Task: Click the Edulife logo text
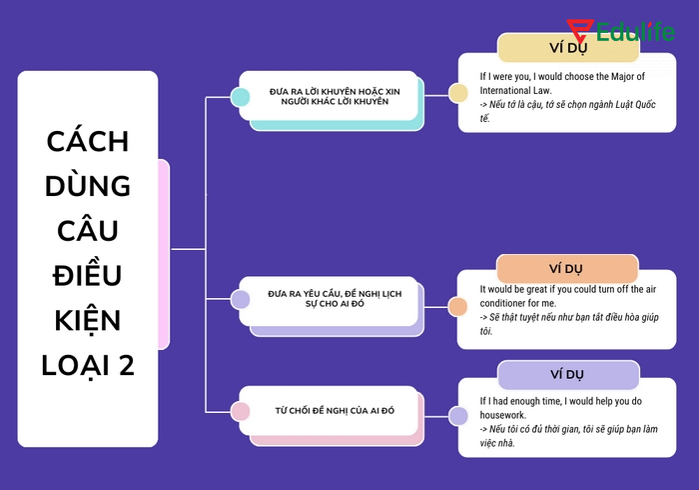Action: pyautogui.click(x=636, y=32)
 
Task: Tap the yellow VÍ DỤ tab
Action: pyautogui.click(x=568, y=47)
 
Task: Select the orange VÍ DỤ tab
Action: pyautogui.click(x=567, y=269)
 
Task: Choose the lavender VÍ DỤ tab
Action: pyautogui.click(x=568, y=374)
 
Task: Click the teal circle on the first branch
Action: pyautogui.click(x=241, y=97)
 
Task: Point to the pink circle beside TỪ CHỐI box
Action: pyautogui.click(x=241, y=411)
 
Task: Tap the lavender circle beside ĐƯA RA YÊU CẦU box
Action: pyautogui.click(x=241, y=299)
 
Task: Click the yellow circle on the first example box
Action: pyautogui.click(x=457, y=93)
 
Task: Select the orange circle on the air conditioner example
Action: pyautogui.click(x=457, y=307)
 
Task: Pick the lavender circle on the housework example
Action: pyautogui.click(x=457, y=416)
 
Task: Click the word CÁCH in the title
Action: pyautogui.click(x=88, y=141)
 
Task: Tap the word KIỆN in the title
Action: pyautogui.click(x=88, y=320)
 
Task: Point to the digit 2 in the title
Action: pyautogui.click(x=127, y=365)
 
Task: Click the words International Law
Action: pyautogui.click(x=516, y=90)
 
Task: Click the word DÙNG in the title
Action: pyautogui.click(x=88, y=186)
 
